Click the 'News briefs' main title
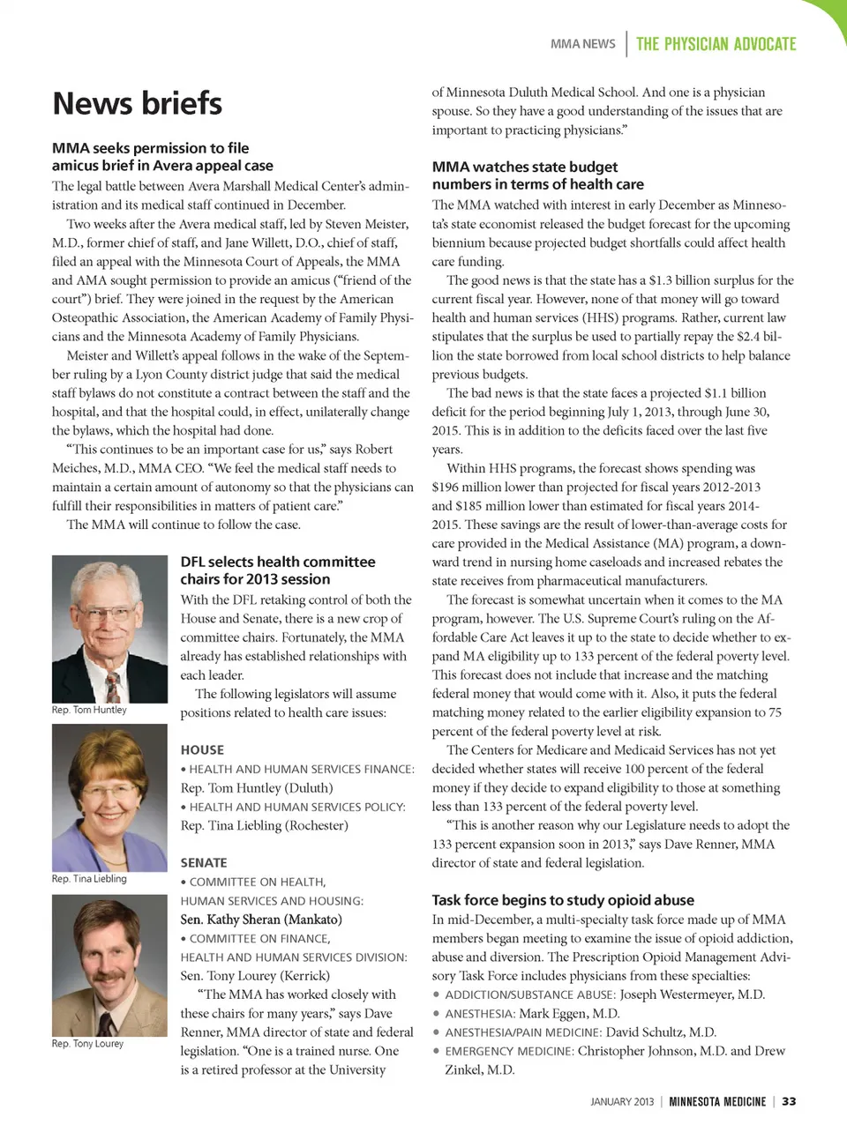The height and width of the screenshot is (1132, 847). click(137, 103)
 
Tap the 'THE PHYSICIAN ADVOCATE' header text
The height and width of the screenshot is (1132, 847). click(716, 44)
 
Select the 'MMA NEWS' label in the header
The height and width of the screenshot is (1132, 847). click(582, 44)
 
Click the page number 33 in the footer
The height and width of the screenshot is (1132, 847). click(789, 1101)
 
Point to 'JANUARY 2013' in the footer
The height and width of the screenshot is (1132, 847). click(622, 1101)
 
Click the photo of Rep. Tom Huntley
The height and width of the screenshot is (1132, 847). click(109, 628)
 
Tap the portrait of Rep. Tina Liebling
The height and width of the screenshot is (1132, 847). click(109, 797)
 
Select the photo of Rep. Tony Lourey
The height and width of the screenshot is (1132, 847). click(109, 964)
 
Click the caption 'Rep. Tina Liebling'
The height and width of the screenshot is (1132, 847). click(89, 878)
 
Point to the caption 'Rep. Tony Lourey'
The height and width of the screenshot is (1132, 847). click(87, 1043)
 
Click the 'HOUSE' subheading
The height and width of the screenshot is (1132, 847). click(202, 749)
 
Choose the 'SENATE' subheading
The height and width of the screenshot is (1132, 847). click(204, 862)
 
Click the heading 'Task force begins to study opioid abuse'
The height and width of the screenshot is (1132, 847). click(563, 900)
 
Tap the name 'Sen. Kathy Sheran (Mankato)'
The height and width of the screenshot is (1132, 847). click(261, 920)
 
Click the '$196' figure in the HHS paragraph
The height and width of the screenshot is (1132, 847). click(448, 488)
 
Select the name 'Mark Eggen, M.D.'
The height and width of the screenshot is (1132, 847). click(569, 1014)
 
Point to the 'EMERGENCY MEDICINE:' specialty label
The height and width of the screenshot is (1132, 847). click(509, 1051)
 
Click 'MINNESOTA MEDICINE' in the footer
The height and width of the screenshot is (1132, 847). click(717, 1101)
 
